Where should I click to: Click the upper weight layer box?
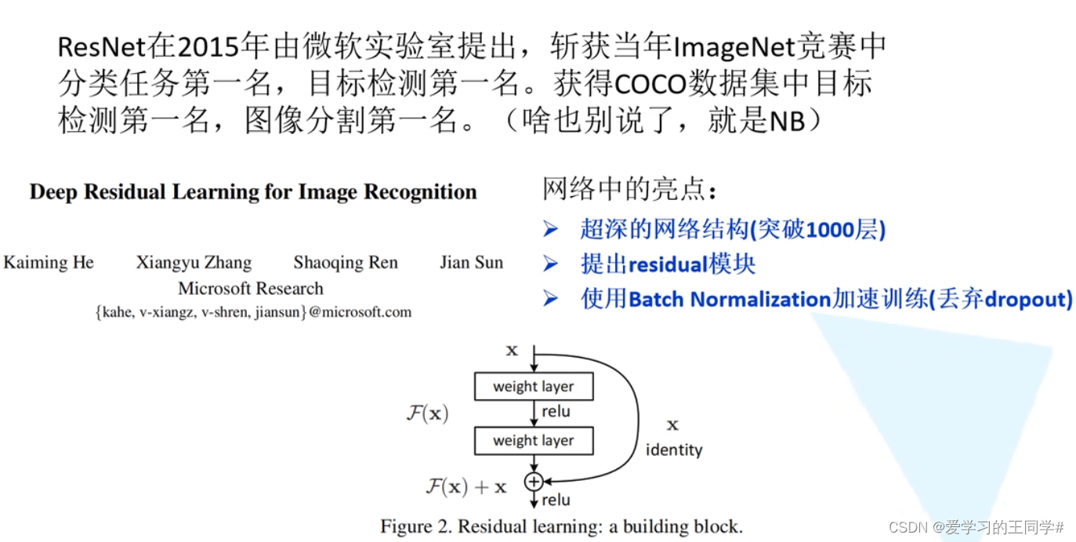[534, 387]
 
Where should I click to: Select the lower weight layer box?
[534, 441]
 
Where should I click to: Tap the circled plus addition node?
[534, 481]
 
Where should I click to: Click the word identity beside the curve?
[673, 450]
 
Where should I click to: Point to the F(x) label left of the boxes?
[427, 413]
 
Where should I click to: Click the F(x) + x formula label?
[466, 487]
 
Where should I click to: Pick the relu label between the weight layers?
[556, 412]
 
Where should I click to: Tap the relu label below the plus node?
[556, 500]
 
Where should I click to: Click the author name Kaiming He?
[49, 263]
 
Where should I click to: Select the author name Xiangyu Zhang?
[194, 263]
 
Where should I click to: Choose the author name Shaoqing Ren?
[346, 263]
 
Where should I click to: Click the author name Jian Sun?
[471, 263]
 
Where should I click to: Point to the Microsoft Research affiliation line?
[251, 289]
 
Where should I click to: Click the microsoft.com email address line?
[252, 312]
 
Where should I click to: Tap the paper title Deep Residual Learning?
[253, 192]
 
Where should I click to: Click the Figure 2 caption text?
[561, 526]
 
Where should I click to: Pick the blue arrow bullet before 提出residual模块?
[551, 264]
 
